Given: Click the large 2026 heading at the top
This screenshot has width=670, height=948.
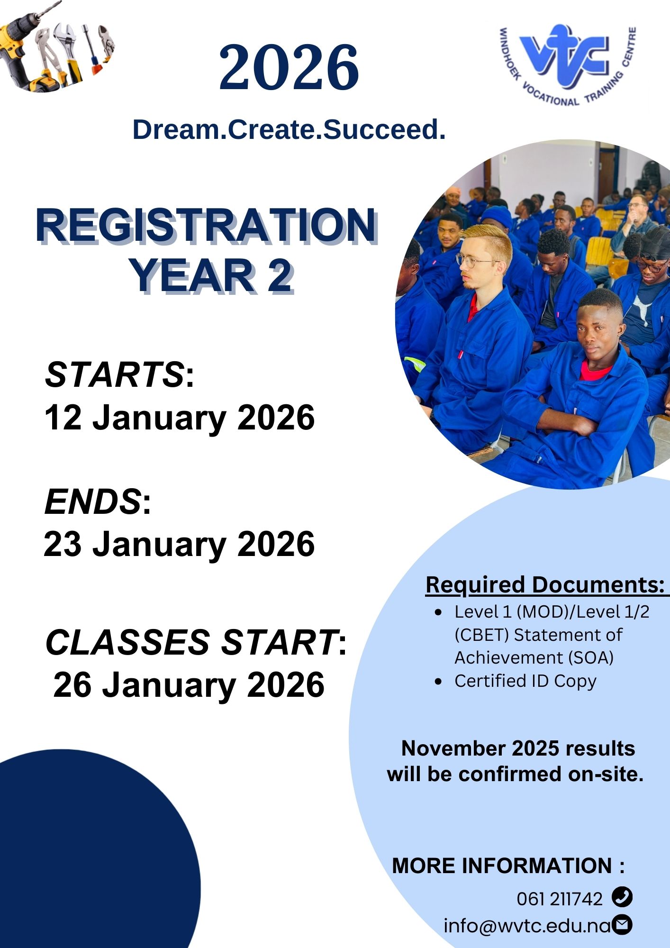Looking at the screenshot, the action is pyautogui.click(x=289, y=67).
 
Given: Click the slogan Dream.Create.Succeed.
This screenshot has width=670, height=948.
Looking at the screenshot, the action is pyautogui.click(x=289, y=129).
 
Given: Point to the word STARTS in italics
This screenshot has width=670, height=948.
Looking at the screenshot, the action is pyautogui.click(x=114, y=374).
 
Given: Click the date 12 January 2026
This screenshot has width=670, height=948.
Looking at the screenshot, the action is pyautogui.click(x=180, y=418).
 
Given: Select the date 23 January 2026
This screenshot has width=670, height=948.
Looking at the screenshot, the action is pyautogui.click(x=179, y=544).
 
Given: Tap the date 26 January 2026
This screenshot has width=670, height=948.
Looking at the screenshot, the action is pyautogui.click(x=189, y=685).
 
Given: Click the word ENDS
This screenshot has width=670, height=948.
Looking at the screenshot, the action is pyautogui.click(x=92, y=501).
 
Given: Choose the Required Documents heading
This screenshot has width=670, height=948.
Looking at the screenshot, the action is pyautogui.click(x=546, y=585).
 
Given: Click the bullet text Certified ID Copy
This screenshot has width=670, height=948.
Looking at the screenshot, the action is pyautogui.click(x=525, y=681).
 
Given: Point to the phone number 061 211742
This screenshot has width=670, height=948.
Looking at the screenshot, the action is pyautogui.click(x=559, y=899).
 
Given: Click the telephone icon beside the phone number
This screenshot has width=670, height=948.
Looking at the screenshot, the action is pyautogui.click(x=622, y=897).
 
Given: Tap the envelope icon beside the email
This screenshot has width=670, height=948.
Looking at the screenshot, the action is pyautogui.click(x=622, y=925).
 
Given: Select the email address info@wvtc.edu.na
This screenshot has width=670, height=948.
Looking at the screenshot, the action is pyautogui.click(x=527, y=926).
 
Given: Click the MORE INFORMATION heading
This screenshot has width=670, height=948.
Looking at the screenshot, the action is pyautogui.click(x=508, y=866).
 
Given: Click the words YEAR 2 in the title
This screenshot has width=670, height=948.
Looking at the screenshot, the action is pyautogui.click(x=211, y=276).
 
